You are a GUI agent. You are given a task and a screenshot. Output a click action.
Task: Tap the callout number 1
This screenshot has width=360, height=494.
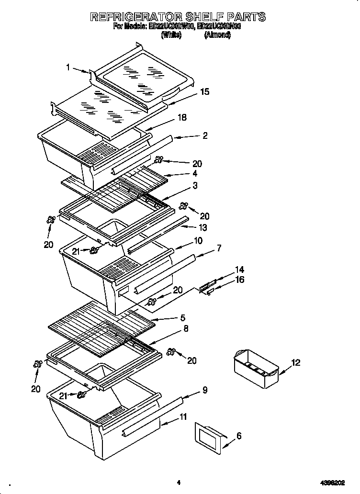tap(68, 67)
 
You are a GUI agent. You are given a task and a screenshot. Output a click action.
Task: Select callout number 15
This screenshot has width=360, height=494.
tap(204, 92)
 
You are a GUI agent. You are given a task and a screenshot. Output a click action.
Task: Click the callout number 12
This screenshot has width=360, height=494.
tap(296, 363)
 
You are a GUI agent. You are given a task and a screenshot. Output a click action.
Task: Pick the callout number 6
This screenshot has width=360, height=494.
tap(239, 436)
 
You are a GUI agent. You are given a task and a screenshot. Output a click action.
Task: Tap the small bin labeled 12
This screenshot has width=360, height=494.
tap(256, 368)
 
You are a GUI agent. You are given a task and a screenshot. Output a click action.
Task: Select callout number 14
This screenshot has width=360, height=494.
tap(239, 270)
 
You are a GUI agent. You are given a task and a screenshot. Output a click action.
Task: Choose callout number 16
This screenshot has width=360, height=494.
tap(239, 280)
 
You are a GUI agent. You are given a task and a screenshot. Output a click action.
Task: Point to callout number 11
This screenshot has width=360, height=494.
tap(183, 417)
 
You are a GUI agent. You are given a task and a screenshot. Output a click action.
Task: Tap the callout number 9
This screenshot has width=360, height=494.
tap(205, 390)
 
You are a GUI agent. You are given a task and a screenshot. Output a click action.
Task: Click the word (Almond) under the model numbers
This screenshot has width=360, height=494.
tap(217, 35)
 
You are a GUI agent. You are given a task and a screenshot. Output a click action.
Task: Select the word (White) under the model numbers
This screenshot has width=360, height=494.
tap(171, 35)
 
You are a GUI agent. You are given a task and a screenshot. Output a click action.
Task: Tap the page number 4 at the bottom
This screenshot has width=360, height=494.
tap(178, 483)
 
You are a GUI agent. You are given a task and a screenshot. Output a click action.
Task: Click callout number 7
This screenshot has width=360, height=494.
tap(218, 248)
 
